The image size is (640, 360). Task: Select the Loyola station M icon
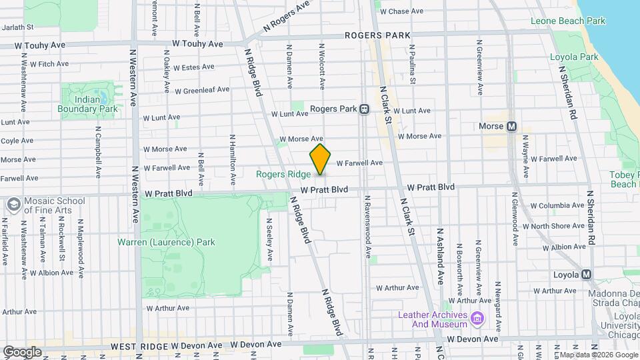pos(587,275)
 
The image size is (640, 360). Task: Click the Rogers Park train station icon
pos(365,109)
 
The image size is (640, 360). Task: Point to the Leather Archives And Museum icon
pos(477,319)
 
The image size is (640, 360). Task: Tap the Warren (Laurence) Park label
pos(166,242)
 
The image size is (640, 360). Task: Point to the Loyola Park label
pos(574,57)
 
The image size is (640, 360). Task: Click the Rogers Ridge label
pos(284,175)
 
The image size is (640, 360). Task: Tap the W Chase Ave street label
pos(402,11)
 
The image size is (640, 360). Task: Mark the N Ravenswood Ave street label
pos(367,227)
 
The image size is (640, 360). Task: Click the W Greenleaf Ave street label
pos(202,89)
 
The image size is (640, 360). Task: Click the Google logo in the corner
pos(22,351)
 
